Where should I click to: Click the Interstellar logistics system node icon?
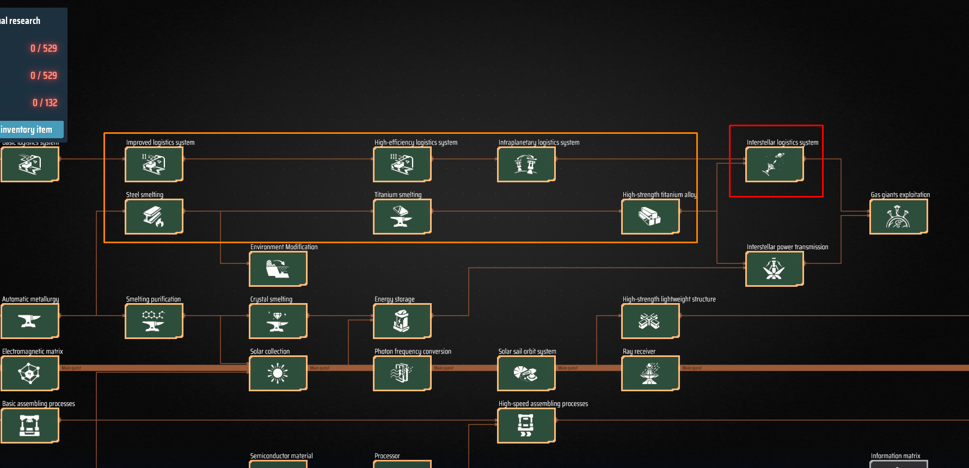pyautogui.click(x=774, y=164)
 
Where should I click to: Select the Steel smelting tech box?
pyautogui.click(x=154, y=216)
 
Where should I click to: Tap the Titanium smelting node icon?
pyautogui.click(x=402, y=216)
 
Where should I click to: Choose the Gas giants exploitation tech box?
pyautogui.click(x=898, y=216)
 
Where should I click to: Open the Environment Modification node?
pyautogui.click(x=278, y=268)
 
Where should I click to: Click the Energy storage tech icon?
pyautogui.click(x=402, y=321)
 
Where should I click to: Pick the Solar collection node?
pyautogui.click(x=278, y=373)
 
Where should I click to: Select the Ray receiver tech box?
pyautogui.click(x=650, y=373)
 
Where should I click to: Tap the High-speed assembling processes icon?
pyautogui.click(x=526, y=425)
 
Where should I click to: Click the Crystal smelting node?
pyautogui.click(x=278, y=321)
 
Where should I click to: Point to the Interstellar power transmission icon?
pyautogui.click(x=774, y=268)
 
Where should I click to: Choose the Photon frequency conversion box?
pyautogui.click(x=402, y=373)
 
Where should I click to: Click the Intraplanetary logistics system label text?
pyautogui.click(x=538, y=143)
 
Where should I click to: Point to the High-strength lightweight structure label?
pyautogui.click(x=669, y=299)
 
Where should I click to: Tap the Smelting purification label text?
pyautogui.click(x=153, y=299)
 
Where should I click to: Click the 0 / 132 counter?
pyautogui.click(x=45, y=103)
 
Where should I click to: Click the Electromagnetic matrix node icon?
pyautogui.click(x=29, y=373)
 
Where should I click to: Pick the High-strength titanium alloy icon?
pyautogui.click(x=650, y=216)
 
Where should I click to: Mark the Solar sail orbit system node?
pyautogui.click(x=526, y=373)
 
